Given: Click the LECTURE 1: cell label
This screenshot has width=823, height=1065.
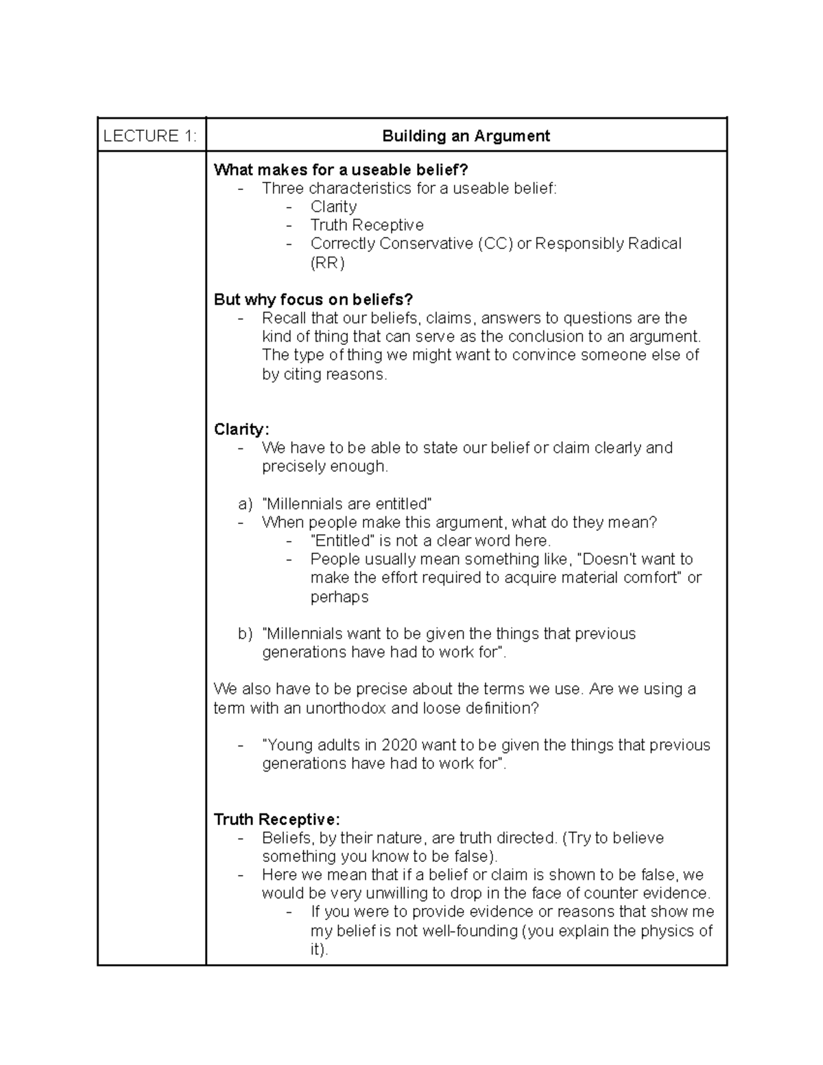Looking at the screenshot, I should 150,136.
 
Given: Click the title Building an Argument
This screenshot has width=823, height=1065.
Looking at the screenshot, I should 466,136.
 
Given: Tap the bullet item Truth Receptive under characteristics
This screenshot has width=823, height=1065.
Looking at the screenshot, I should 367,225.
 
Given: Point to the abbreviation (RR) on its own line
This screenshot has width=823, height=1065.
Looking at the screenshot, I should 327,263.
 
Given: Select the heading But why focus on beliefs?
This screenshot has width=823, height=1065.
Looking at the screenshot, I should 313,300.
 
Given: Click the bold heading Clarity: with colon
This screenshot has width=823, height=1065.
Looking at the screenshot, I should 241,429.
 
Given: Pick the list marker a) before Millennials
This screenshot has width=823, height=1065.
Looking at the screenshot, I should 246,504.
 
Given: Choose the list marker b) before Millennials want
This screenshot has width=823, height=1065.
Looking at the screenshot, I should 246,634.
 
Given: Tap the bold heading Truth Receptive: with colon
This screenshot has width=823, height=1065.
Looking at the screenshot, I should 276,819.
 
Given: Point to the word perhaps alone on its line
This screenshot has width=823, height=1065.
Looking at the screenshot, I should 339,597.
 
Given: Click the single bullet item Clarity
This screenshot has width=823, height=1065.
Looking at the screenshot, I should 333,206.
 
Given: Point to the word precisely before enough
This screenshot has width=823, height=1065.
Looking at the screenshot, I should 294,466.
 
